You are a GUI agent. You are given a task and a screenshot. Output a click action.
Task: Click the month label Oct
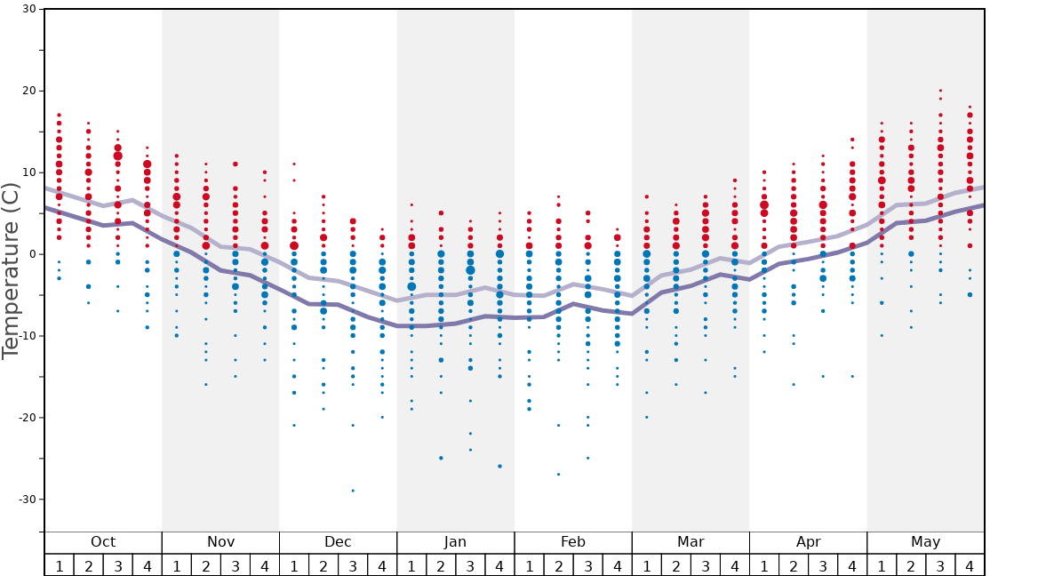click(103, 542)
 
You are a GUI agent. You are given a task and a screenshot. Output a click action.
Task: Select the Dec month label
click(338, 542)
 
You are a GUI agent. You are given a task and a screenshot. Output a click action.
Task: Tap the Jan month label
click(455, 542)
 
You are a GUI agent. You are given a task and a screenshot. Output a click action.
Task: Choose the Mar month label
click(691, 542)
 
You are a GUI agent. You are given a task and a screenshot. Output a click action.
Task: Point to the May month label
click(925, 542)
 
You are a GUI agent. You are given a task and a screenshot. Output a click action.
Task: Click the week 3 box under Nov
click(236, 565)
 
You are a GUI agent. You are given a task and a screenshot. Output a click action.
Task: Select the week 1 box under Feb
click(529, 565)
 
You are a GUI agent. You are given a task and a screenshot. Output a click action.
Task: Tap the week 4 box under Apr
click(852, 565)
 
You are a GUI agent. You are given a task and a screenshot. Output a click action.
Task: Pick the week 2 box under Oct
click(88, 565)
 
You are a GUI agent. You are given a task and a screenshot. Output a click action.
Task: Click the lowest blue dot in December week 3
click(353, 491)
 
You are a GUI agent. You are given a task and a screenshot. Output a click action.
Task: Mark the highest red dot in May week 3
click(940, 91)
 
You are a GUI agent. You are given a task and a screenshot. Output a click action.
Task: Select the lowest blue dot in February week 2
click(558, 474)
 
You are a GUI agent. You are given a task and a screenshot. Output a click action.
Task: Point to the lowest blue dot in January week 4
click(499, 466)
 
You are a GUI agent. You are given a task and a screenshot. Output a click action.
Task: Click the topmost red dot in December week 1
click(294, 164)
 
